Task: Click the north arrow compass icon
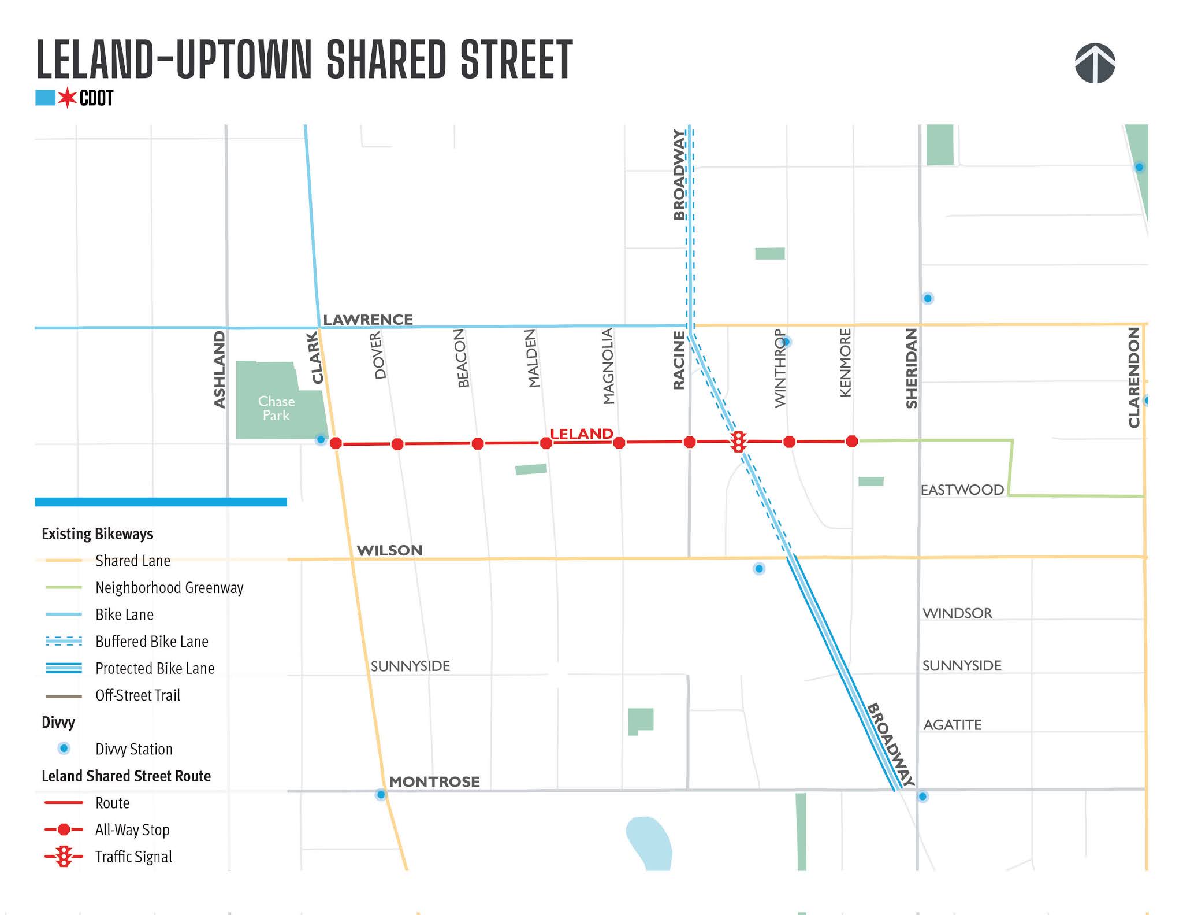pyautogui.click(x=1095, y=63)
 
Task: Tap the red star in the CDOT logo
pyautogui.click(x=68, y=98)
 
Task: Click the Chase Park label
pyautogui.click(x=276, y=408)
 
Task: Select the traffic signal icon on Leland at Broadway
pyautogui.click(x=738, y=442)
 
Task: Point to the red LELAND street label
pyautogui.click(x=581, y=434)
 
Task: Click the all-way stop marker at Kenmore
pyautogui.click(x=851, y=442)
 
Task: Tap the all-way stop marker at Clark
pyautogui.click(x=336, y=443)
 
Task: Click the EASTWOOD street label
pyautogui.click(x=962, y=490)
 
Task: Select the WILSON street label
pyautogui.click(x=389, y=550)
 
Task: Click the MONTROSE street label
pyautogui.click(x=434, y=781)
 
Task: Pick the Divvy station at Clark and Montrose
pyautogui.click(x=381, y=795)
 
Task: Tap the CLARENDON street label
pyautogui.click(x=1134, y=377)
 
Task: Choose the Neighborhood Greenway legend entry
pyautogui.click(x=169, y=588)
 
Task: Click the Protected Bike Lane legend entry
pyautogui.click(x=154, y=668)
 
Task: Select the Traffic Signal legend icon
pyautogui.click(x=64, y=857)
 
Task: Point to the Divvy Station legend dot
pyautogui.click(x=64, y=749)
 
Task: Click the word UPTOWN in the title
pyautogui.click(x=243, y=60)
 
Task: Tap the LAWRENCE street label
pyautogui.click(x=367, y=320)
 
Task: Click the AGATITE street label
pyautogui.click(x=952, y=725)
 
